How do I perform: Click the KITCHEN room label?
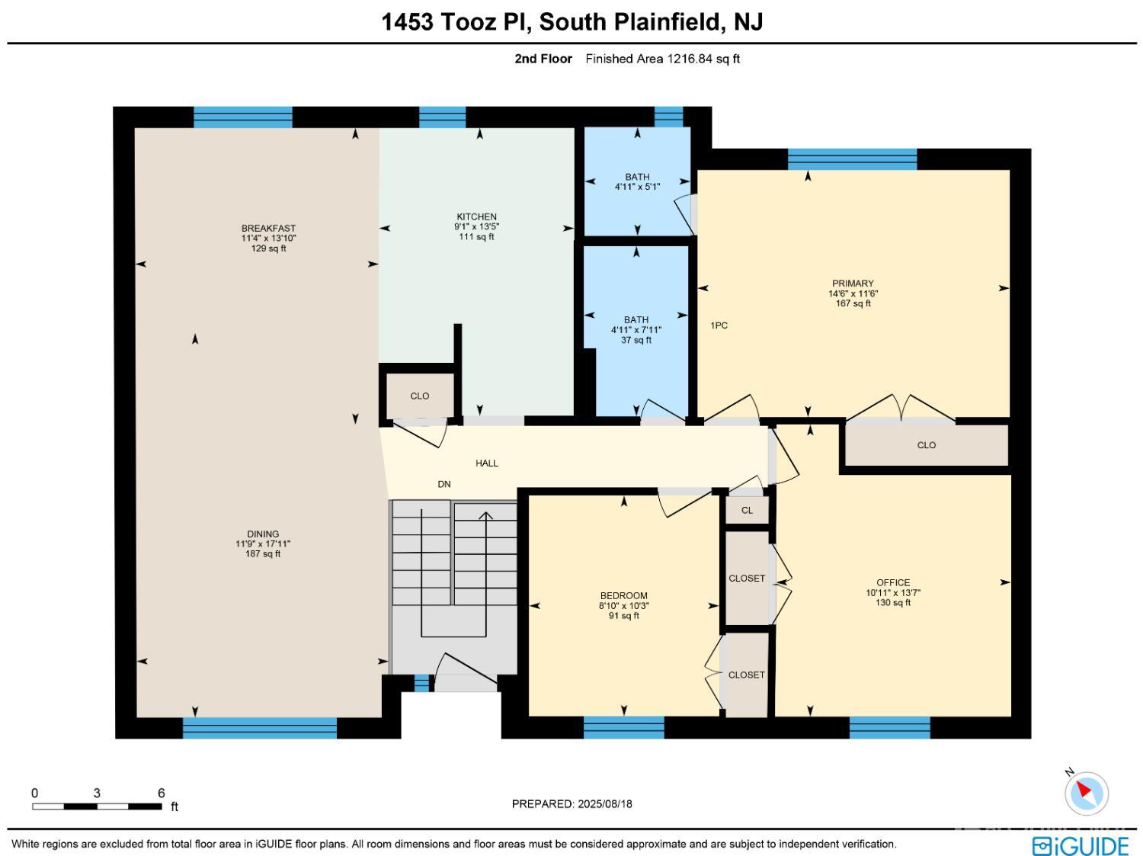(x=476, y=216)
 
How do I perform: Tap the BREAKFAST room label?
(x=268, y=228)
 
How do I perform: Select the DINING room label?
(x=263, y=534)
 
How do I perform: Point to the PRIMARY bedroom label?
(x=853, y=284)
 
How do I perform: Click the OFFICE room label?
(x=893, y=582)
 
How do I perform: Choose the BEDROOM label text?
(x=624, y=595)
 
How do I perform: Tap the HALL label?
(x=487, y=463)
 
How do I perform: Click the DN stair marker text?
(x=444, y=484)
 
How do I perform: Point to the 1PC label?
(x=719, y=325)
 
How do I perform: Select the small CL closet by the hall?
(x=747, y=510)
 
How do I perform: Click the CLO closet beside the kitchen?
(x=420, y=396)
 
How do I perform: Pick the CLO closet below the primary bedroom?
(x=927, y=445)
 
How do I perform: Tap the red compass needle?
(x=1084, y=790)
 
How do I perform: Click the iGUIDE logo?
(x=1081, y=845)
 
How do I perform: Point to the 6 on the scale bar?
(x=162, y=793)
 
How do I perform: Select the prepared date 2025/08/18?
(x=605, y=804)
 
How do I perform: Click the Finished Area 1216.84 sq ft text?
(x=662, y=59)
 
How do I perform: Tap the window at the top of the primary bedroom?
(x=853, y=159)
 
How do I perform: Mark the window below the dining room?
(x=260, y=728)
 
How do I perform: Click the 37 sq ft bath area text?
(x=636, y=340)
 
